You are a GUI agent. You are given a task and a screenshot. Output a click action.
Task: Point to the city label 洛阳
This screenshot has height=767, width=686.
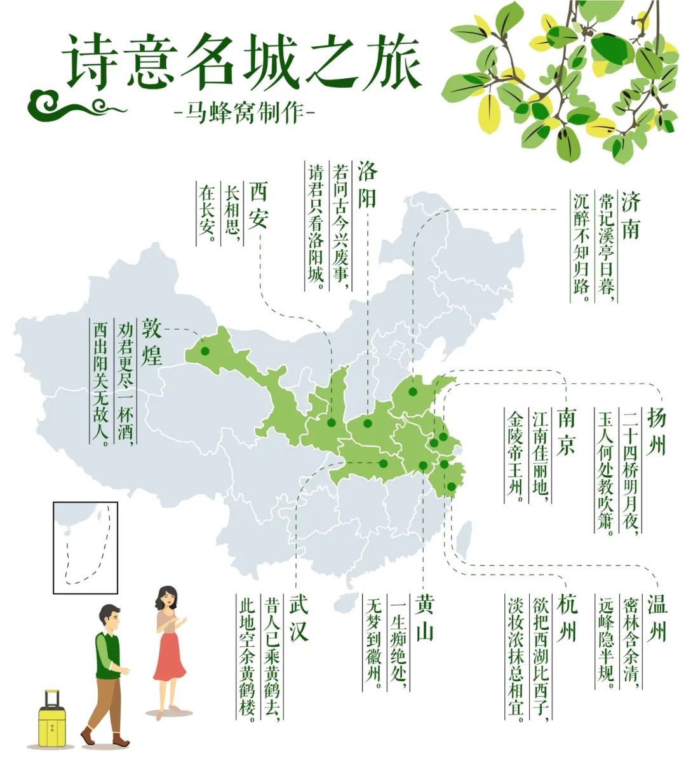[x=367, y=184]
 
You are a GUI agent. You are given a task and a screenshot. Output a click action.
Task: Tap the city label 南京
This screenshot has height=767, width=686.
[x=566, y=431]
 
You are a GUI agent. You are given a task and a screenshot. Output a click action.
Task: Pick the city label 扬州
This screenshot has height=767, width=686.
[x=656, y=431]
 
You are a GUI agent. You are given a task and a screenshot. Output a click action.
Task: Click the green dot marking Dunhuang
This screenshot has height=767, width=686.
[x=205, y=351]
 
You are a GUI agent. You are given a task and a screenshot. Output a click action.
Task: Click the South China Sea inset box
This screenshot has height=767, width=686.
[x=85, y=547]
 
